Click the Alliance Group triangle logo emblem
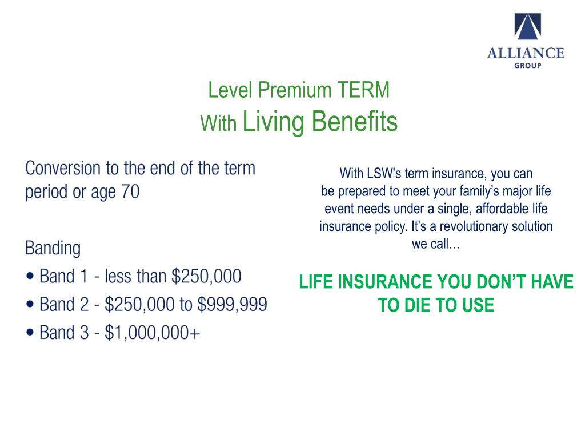click(x=526, y=28)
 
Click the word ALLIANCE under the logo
click(x=526, y=54)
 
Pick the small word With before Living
click(x=218, y=124)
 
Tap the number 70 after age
click(x=129, y=192)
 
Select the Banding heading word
click(x=53, y=248)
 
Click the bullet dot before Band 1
click(x=30, y=277)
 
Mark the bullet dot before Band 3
click(x=30, y=333)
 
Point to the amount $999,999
click(x=232, y=305)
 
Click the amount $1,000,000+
click(x=153, y=333)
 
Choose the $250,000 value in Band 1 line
click(x=206, y=277)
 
